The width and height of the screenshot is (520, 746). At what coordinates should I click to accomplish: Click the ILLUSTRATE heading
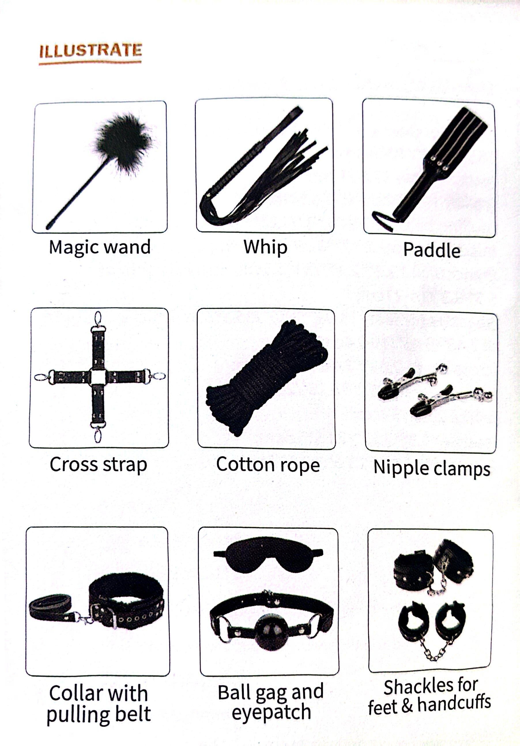(x=91, y=51)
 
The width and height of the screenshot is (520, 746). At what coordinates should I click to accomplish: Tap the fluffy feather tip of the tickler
(x=123, y=142)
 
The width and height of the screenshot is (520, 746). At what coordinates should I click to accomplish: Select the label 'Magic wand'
(x=100, y=247)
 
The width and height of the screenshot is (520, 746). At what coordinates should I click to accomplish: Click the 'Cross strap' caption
(x=98, y=465)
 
